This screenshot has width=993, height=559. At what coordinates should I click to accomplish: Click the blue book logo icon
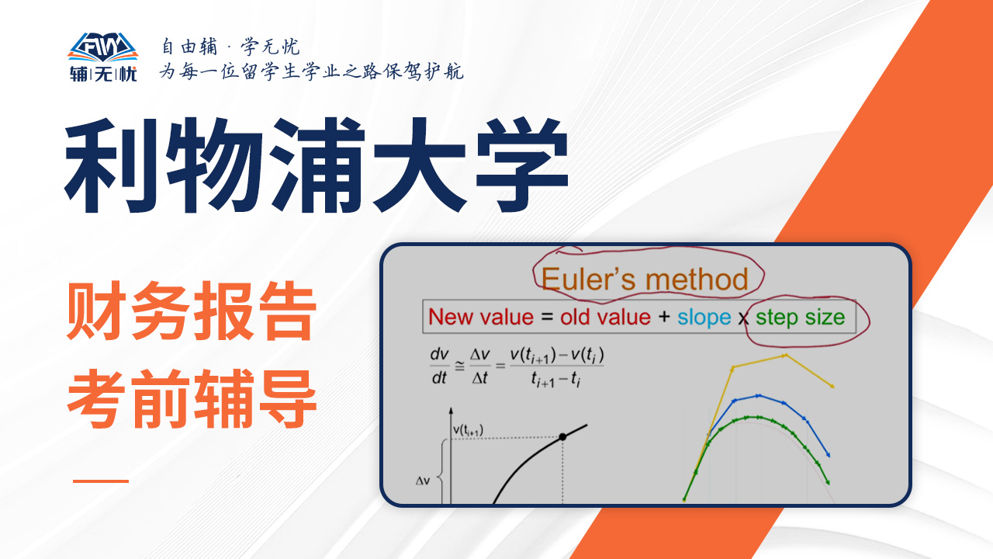coord(103,47)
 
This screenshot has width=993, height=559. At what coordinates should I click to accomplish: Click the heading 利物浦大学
coord(317,165)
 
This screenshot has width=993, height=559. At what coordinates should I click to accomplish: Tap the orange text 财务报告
coord(192,311)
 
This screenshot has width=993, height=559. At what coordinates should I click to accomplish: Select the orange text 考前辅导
coord(192,398)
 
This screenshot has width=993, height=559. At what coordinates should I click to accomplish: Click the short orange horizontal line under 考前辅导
coord(101,481)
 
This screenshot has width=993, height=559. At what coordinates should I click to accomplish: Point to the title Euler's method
coord(645,279)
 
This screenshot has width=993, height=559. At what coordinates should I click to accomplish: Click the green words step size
coord(800,318)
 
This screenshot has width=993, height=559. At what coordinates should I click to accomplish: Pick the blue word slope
coord(704,318)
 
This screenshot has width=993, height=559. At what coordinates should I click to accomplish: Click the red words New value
coord(481,318)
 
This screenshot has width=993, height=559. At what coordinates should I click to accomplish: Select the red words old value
coord(605,318)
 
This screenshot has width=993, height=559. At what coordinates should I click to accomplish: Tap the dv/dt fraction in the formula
coord(439,366)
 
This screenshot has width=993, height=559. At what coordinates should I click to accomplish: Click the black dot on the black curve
coord(562,437)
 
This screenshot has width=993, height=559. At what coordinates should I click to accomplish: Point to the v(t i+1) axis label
coord(468,430)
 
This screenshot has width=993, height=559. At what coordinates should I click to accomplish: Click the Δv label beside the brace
coord(423,481)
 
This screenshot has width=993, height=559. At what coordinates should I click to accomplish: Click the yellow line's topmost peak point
coord(785,356)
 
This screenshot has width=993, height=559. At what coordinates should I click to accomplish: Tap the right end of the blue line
coord(829,455)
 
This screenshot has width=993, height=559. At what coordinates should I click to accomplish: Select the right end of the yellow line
coord(833,387)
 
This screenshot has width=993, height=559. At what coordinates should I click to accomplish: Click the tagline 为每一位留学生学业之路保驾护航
coord(311,71)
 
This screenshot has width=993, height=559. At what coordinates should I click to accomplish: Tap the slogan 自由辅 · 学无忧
coord(230,47)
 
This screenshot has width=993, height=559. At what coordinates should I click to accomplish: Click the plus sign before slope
coord(664,317)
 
